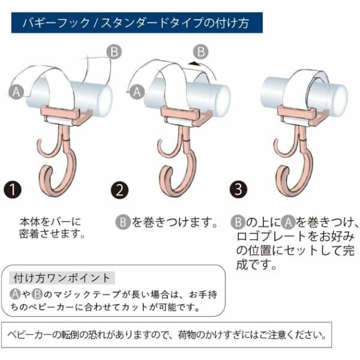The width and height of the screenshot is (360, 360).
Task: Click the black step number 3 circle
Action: (x=239, y=190)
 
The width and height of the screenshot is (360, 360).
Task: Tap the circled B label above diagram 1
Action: (x=114, y=52)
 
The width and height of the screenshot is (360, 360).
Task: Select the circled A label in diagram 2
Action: (x=137, y=92)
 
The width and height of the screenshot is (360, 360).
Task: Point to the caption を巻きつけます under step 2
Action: (x=174, y=222)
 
